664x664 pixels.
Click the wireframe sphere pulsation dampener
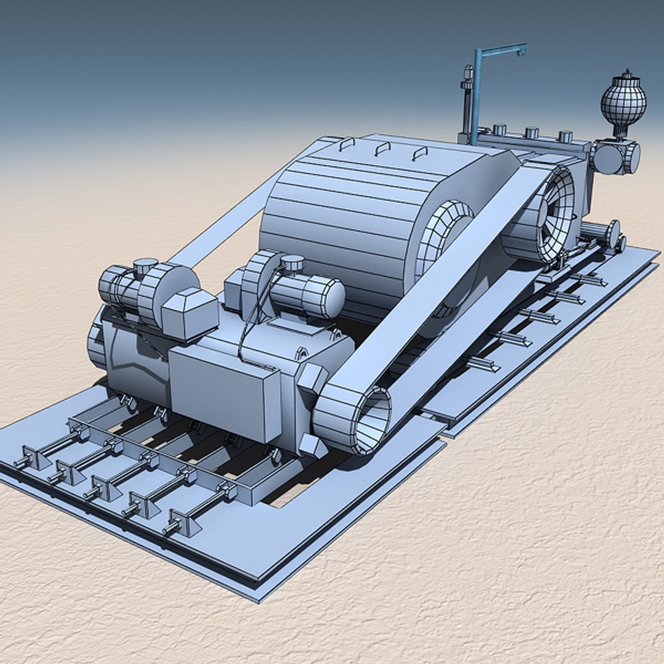pyautogui.click(x=623, y=103)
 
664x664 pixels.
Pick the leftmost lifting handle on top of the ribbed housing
pyautogui.click(x=347, y=144)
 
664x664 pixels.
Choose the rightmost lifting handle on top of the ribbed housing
pyautogui.click(x=420, y=152)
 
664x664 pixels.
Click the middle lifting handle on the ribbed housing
pyautogui.click(x=384, y=148)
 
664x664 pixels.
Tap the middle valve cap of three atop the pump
pyautogui.click(x=532, y=132)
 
